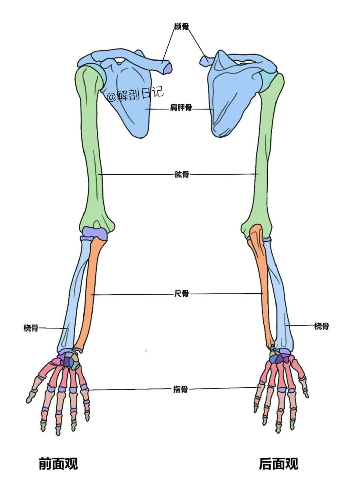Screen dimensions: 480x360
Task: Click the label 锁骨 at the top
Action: pos(181,26)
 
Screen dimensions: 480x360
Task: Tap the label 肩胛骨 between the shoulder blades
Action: pos(181,108)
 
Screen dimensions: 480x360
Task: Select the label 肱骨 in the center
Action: pos(181,174)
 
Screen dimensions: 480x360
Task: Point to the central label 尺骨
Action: pos(181,294)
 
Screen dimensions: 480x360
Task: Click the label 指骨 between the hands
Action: pos(180,389)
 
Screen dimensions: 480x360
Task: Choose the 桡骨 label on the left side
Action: pos(31,328)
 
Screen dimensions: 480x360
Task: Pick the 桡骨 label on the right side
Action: pos(321,326)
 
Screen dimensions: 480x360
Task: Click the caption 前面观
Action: pos(58,463)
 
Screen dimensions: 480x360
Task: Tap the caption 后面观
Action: pos(278,463)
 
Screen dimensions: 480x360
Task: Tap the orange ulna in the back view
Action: pos(262,285)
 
